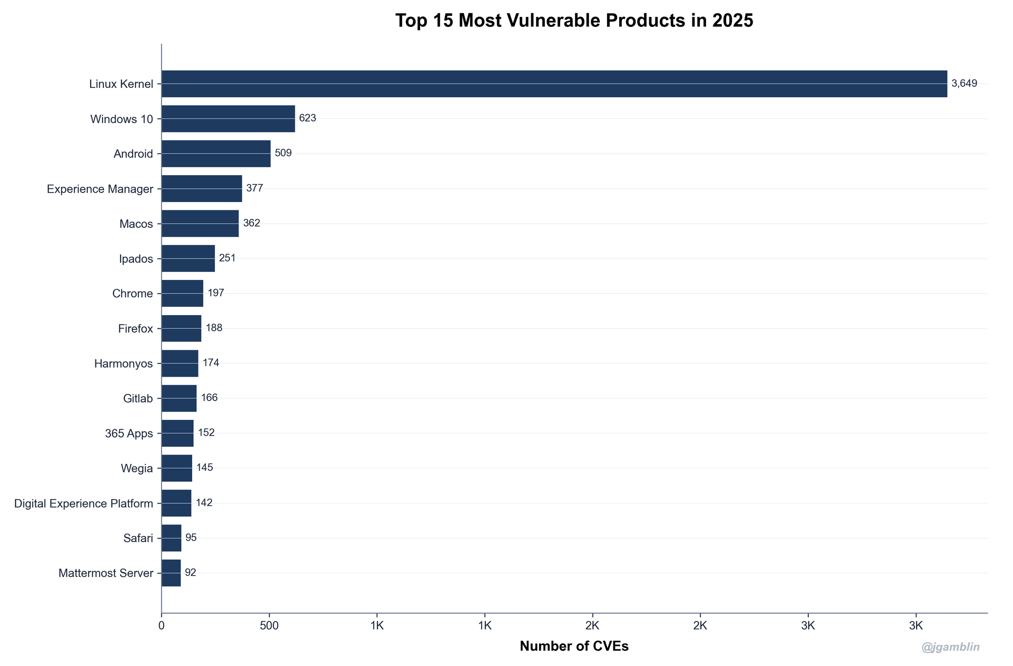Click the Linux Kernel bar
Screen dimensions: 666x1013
point(554,84)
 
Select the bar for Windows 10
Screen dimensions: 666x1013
point(228,118)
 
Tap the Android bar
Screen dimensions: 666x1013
point(216,154)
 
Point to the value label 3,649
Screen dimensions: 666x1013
point(964,84)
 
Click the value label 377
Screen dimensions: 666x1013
point(254,188)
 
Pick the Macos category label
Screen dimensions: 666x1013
point(136,224)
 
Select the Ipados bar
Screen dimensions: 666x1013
point(188,258)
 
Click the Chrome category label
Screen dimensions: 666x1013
point(132,294)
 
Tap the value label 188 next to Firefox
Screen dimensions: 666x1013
point(214,328)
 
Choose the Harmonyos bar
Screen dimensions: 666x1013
point(180,364)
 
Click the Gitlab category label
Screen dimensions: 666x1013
point(138,399)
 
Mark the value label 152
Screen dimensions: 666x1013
point(206,433)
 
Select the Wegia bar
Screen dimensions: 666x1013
point(176,468)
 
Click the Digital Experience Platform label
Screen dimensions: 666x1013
point(83,504)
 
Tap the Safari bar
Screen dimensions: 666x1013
point(171,538)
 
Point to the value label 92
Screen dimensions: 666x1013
point(190,573)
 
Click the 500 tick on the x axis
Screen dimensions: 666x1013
point(269,626)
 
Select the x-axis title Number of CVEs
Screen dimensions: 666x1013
point(574,647)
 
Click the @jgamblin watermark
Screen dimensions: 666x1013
point(950,648)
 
